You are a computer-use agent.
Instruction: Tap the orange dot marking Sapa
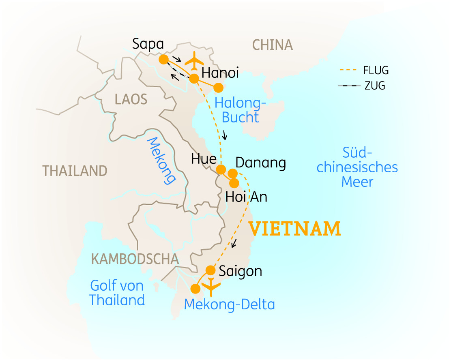coord(163,60)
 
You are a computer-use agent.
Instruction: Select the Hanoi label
coord(220,73)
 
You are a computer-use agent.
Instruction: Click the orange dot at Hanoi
coord(194,78)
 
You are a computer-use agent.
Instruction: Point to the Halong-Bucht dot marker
coord(219,88)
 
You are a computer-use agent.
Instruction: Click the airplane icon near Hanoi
coord(194,60)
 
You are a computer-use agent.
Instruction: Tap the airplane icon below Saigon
coord(211,287)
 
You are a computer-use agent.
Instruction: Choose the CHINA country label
coord(272,45)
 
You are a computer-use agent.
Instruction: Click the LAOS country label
coord(131,99)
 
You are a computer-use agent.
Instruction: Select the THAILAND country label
coord(75,171)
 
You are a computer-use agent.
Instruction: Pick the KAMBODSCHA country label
coord(135,259)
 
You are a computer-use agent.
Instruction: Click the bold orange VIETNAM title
coord(294,229)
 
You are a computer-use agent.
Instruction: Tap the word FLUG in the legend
coord(376,71)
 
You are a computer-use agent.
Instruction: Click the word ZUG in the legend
coord(374,86)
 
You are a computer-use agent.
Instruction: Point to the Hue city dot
coord(221,169)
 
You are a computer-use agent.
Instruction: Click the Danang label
coord(261,163)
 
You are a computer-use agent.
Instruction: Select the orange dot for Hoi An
coord(234,182)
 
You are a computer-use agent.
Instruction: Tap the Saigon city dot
coord(210,270)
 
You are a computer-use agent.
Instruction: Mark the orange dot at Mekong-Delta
coord(195,289)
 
